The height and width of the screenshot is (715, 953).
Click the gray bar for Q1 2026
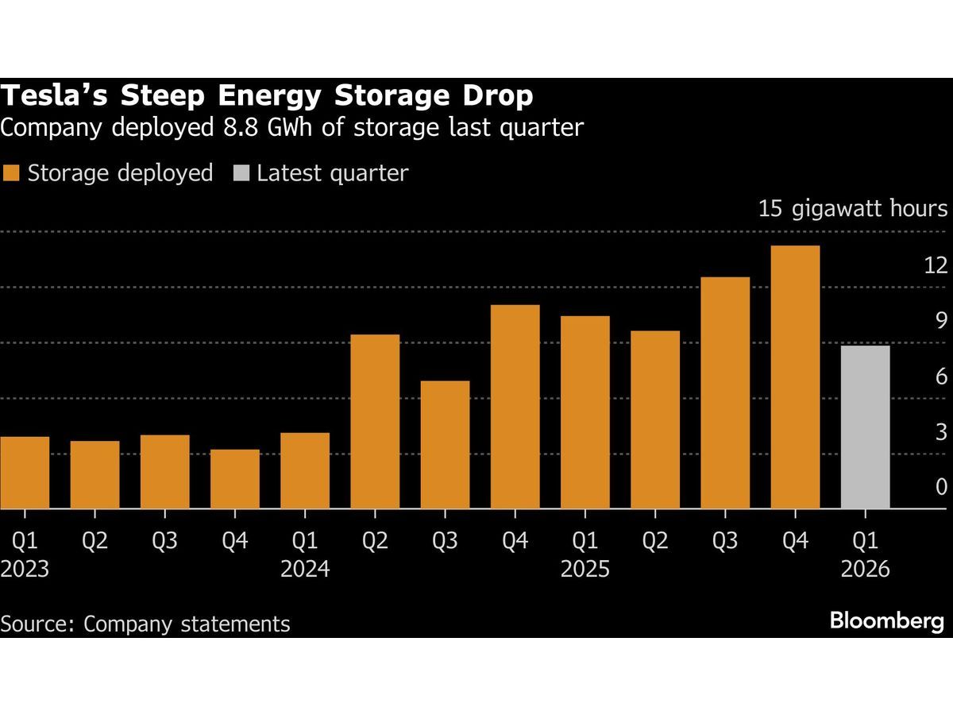click(x=865, y=427)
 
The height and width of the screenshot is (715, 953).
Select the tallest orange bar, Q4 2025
click(x=795, y=377)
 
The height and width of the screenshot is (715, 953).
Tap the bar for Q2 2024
click(x=375, y=421)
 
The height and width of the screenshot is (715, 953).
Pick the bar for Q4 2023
click(x=235, y=479)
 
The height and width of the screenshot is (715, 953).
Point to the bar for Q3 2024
click(x=445, y=445)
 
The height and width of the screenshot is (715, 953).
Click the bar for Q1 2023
click(x=25, y=473)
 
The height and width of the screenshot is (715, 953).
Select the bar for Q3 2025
click(x=725, y=393)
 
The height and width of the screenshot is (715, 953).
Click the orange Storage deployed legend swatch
click(x=11, y=173)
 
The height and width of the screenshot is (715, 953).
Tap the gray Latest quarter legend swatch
click(x=241, y=173)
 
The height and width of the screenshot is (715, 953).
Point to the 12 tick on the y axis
click(x=936, y=265)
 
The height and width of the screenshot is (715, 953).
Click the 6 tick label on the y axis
click(x=941, y=377)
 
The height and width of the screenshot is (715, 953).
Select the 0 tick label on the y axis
click(x=941, y=487)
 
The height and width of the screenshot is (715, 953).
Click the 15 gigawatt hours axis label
click(x=852, y=210)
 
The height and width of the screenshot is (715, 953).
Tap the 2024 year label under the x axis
click(x=305, y=570)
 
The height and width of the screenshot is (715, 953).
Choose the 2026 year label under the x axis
click(x=865, y=570)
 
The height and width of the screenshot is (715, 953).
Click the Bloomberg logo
click(x=886, y=621)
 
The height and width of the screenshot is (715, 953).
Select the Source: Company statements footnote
click(x=145, y=624)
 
